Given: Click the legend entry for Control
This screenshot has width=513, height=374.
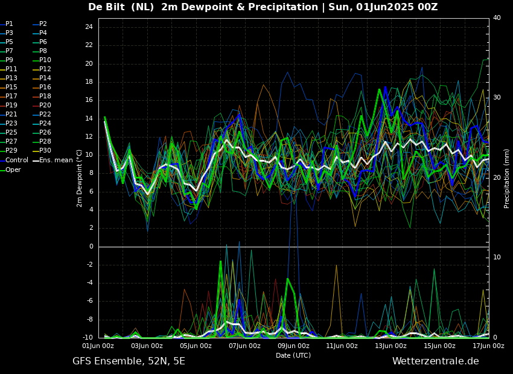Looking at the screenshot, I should pyautogui.click(x=16, y=160).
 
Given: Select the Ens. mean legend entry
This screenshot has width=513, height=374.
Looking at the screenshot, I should pyautogui.click(x=56, y=160).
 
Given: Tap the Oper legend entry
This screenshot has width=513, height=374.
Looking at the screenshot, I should pyautogui.click(x=13, y=170).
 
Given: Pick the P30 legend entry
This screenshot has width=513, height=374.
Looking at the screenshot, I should pyautogui.click(x=45, y=151).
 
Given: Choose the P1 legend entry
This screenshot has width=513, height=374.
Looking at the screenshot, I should pyautogui.click(x=9, y=24).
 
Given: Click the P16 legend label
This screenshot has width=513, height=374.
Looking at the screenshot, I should pyautogui.click(x=45, y=87).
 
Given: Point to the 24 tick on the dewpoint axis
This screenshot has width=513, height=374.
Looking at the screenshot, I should pyautogui.click(x=89, y=27).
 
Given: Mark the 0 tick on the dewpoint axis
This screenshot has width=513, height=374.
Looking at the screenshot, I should pyautogui.click(x=91, y=247).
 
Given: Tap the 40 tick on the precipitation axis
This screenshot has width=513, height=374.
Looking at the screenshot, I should pyautogui.click(x=497, y=18).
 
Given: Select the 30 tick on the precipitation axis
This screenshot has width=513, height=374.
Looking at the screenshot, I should pyautogui.click(x=497, y=98).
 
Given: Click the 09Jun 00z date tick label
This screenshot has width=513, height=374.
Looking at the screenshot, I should pyautogui.click(x=293, y=346).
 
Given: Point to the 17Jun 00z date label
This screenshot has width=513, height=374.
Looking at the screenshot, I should pyautogui.click(x=488, y=346).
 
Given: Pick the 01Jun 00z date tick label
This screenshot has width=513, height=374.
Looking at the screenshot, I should pyautogui.click(x=98, y=346).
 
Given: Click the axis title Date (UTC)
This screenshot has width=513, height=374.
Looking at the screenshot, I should pyautogui.click(x=293, y=356).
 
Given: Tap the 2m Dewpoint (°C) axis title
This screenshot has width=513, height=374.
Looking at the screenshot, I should pyautogui.click(x=80, y=178).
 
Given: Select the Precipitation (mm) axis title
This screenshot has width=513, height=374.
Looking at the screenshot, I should pyautogui.click(x=507, y=178).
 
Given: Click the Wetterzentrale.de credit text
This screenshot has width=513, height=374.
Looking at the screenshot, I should pyautogui.click(x=435, y=361).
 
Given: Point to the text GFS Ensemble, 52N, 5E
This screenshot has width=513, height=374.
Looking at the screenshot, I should pyautogui.click(x=129, y=361).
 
